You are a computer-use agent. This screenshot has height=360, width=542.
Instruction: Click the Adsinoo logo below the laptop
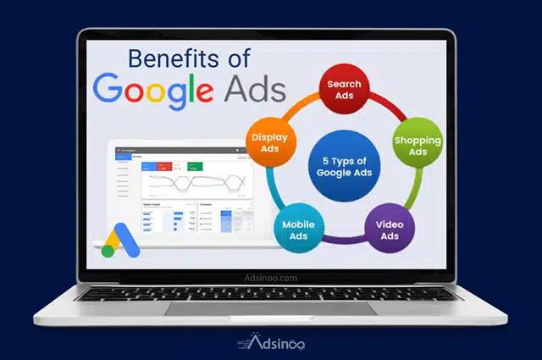click(271, 343)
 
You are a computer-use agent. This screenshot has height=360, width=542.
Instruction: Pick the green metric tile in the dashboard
click(196, 167)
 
